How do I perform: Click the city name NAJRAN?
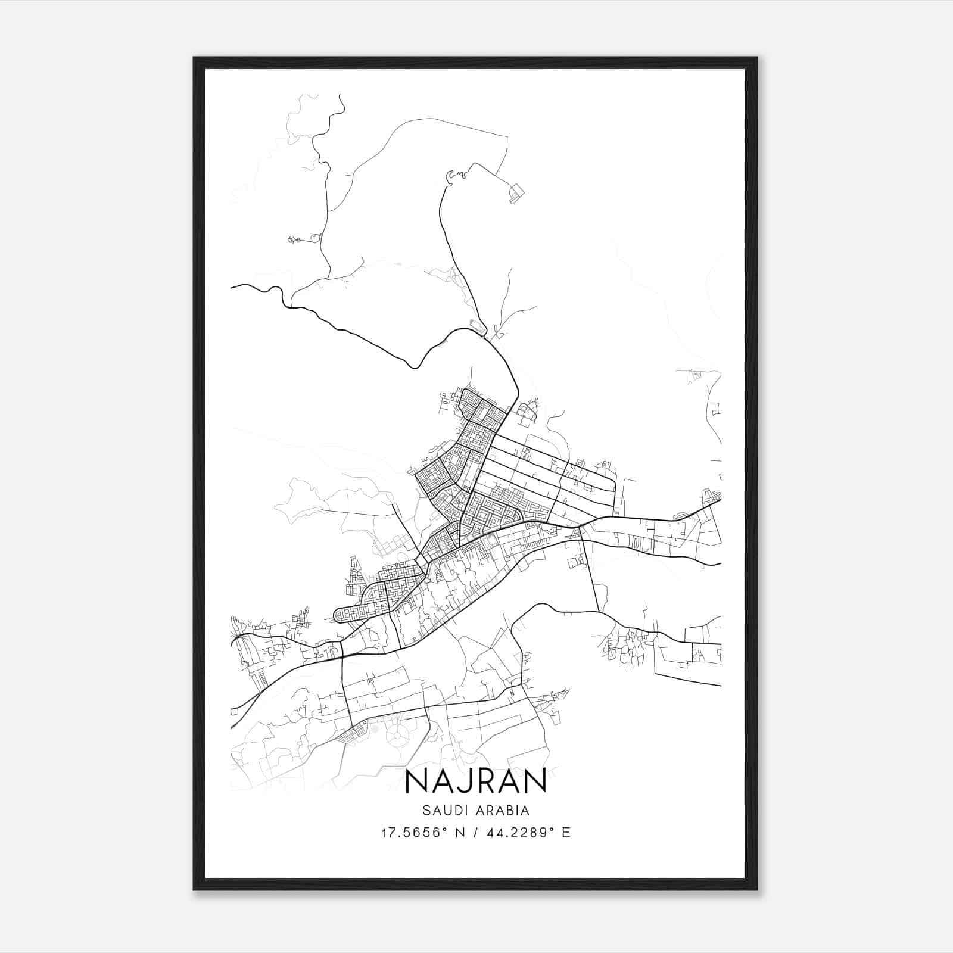point(475,781)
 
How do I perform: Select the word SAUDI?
point(443,811)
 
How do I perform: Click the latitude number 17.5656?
point(409,833)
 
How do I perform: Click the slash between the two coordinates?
point(477,833)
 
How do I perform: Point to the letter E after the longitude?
point(566,833)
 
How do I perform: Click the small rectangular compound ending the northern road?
point(516,194)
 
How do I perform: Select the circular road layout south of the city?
point(401,733)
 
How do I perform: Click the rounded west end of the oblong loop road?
point(337,615)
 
